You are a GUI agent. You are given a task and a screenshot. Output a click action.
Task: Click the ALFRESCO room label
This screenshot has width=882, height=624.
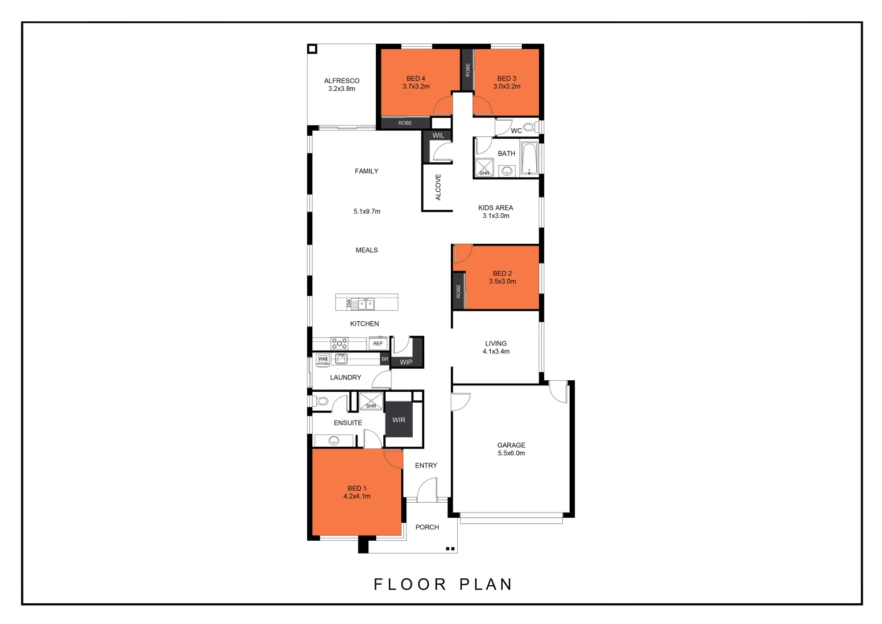pyautogui.click(x=342, y=81)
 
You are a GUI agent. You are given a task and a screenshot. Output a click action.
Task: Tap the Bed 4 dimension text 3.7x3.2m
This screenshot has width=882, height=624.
pyautogui.click(x=416, y=87)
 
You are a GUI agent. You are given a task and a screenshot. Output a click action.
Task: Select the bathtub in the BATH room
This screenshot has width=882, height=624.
pyautogui.click(x=529, y=158)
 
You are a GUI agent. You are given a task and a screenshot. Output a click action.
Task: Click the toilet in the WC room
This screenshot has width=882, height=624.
pyautogui.click(x=529, y=127)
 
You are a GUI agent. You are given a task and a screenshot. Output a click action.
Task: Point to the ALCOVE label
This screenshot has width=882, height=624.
pyautogui.click(x=438, y=187)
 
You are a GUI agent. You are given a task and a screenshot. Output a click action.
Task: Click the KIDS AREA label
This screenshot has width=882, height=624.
pyautogui.click(x=495, y=207)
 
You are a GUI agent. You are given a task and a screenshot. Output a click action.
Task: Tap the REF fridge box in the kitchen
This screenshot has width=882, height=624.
pyautogui.click(x=378, y=343)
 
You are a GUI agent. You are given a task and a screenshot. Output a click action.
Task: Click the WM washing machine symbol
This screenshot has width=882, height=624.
pyautogui.click(x=323, y=359)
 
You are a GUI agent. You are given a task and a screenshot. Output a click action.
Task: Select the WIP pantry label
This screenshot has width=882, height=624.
pyautogui.click(x=406, y=362)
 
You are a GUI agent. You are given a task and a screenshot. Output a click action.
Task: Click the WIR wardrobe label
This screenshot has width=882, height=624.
pyautogui.click(x=399, y=420)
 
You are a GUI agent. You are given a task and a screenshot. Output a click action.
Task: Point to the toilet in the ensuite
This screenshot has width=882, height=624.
pyautogui.click(x=322, y=401)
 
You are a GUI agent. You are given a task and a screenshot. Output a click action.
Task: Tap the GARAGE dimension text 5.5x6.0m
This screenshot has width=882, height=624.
pyautogui.click(x=511, y=454)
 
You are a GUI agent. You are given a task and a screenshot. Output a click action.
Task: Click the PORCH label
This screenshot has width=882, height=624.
pyautogui.click(x=427, y=527)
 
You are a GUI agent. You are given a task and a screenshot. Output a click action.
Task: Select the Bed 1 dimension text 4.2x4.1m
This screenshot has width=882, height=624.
pyautogui.click(x=357, y=496)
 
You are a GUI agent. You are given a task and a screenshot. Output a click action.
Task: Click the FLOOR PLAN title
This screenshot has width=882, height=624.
pyautogui.click(x=443, y=585)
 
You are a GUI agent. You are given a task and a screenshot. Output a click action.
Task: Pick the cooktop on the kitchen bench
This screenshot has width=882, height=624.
pyautogui.click(x=339, y=343)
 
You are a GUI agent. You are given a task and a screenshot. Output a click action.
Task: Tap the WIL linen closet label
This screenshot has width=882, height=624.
pyautogui.click(x=438, y=135)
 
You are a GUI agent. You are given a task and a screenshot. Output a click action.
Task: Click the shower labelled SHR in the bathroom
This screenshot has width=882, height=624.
pyautogui.click(x=484, y=168)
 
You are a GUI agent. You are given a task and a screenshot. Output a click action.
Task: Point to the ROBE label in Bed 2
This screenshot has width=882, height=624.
pyautogui.click(x=458, y=291)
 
